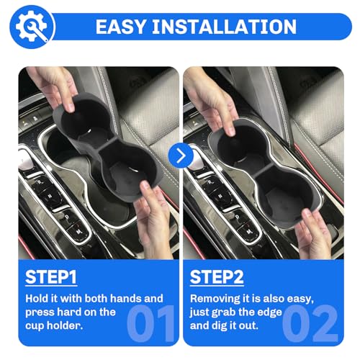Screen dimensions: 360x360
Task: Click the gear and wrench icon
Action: [32, 27]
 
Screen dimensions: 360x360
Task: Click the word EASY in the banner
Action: [121, 27]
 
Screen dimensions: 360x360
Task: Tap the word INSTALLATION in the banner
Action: [225, 27]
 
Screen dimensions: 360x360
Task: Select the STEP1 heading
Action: [51, 277]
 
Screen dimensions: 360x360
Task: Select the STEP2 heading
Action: [217, 277]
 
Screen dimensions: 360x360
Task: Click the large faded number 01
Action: [150, 323]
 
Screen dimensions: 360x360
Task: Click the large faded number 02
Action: [310, 323]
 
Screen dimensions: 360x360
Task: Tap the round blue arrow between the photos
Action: [181, 156]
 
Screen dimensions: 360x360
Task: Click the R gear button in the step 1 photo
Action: [40, 183]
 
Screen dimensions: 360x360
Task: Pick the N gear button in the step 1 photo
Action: [50, 197]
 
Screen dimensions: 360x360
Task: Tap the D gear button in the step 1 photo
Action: [67, 217]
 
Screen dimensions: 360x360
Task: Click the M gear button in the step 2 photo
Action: [249, 232]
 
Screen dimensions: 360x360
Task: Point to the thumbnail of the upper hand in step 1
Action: [71, 107]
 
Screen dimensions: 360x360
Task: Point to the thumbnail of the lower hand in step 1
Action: [145, 186]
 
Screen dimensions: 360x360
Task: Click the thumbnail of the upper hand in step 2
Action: [230, 131]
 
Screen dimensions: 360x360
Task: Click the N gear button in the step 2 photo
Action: [220, 197]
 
